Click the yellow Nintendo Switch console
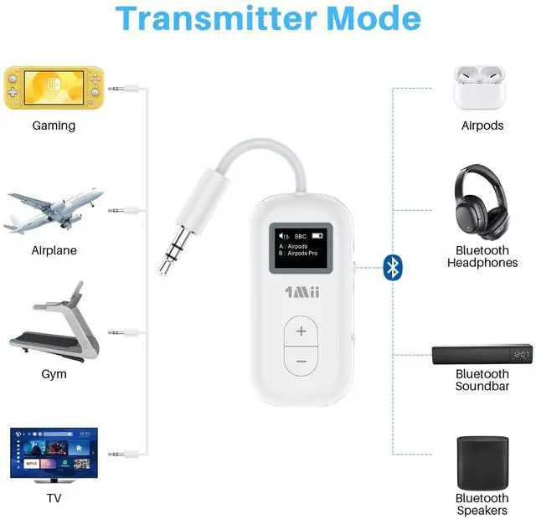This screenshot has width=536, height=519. point(54,86)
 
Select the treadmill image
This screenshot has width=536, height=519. point(55,326)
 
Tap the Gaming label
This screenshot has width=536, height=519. point(54,126)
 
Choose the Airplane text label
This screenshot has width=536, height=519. point(54,250)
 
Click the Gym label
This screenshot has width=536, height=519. point(54,374)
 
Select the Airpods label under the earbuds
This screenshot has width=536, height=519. point(482,126)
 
